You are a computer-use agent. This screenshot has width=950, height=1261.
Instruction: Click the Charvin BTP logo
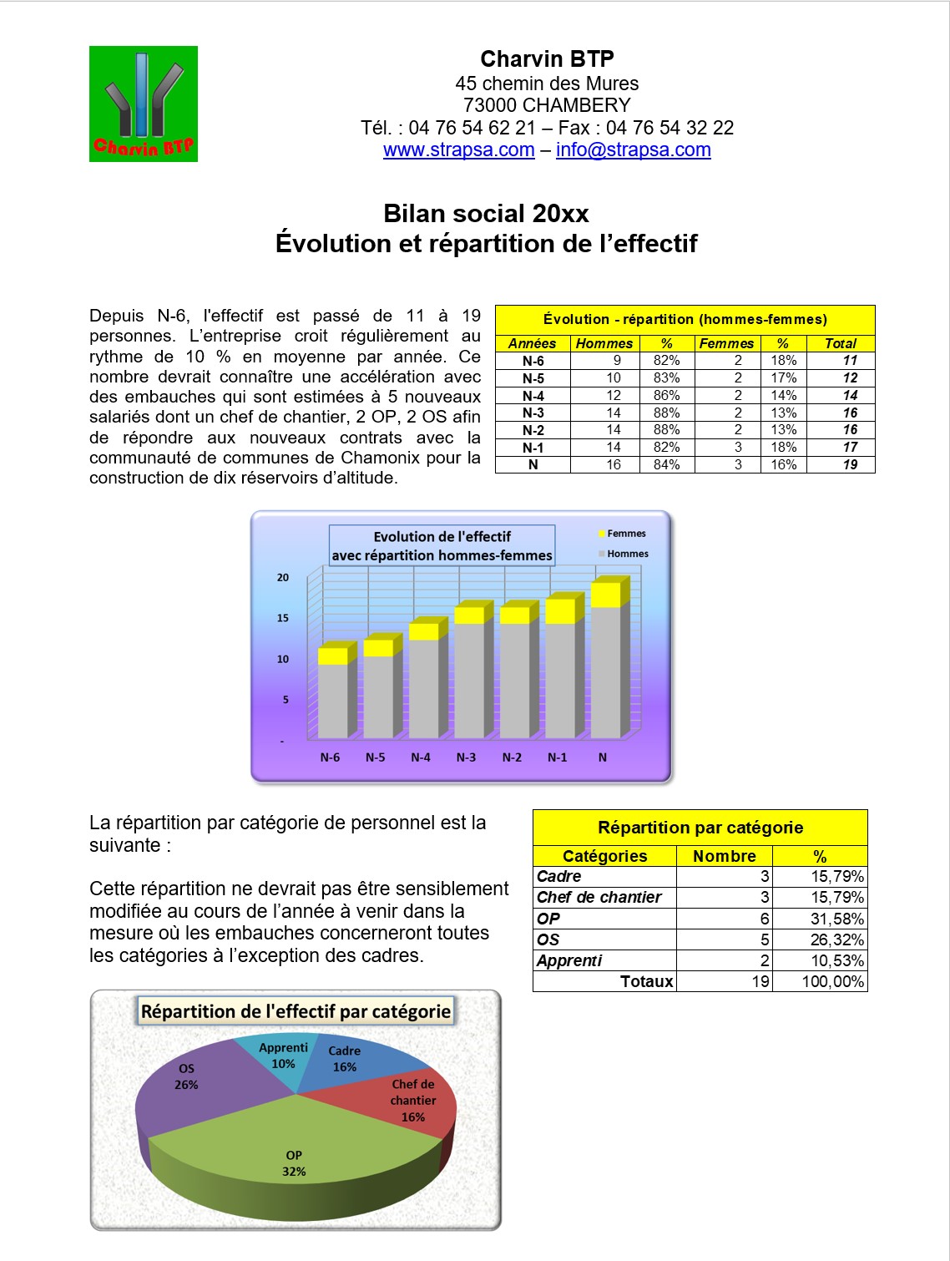(x=144, y=104)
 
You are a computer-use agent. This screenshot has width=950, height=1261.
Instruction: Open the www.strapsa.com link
(x=458, y=150)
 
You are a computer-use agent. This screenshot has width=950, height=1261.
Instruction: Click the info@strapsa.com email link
(x=633, y=150)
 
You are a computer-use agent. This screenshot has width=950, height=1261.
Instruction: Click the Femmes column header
(x=726, y=343)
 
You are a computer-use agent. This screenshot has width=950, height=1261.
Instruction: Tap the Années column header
(x=532, y=343)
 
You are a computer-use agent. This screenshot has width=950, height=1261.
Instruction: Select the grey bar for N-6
(x=332, y=700)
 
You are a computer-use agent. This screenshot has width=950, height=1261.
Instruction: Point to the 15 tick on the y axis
(x=283, y=618)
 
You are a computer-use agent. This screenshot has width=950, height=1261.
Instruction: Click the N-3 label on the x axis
(x=466, y=757)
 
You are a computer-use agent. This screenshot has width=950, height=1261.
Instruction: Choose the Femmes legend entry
(x=625, y=534)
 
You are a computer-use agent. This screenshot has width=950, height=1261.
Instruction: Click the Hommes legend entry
(x=627, y=554)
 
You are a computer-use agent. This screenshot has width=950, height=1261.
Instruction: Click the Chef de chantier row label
(x=599, y=898)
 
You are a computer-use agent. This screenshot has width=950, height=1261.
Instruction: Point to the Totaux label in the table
(x=646, y=981)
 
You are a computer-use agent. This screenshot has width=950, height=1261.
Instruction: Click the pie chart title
(x=296, y=1011)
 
